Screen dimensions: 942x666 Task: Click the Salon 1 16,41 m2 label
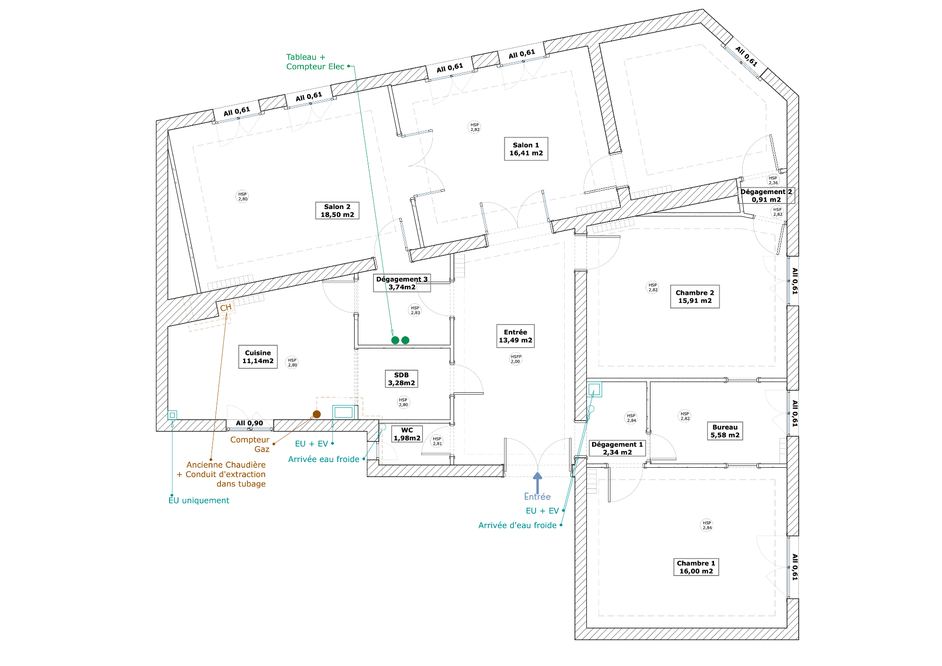pos(526,149)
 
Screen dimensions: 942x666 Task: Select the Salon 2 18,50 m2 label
pos(337,211)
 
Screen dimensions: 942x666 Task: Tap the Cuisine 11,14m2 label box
pos(258,357)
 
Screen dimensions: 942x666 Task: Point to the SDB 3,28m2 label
pos(402,379)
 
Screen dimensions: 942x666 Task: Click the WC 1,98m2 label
pos(407,434)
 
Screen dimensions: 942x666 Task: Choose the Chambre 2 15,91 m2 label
pos(695,296)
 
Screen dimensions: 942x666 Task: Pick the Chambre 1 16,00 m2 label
pos(696,567)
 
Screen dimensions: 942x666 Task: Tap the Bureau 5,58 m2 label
pos(725,431)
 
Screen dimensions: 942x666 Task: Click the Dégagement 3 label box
pos(402,283)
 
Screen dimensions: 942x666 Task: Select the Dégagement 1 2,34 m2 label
pos(617,448)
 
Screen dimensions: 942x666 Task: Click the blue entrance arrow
pos(537,483)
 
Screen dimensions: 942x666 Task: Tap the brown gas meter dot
pos(317,414)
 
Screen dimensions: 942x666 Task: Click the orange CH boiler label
pos(226,308)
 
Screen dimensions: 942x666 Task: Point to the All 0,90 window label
pos(250,423)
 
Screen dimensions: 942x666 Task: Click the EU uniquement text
pos(199,500)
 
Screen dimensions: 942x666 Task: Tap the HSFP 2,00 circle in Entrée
pos(516,359)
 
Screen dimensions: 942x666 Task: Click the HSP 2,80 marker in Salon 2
pos(243,196)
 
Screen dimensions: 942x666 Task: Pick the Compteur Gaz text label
pos(250,444)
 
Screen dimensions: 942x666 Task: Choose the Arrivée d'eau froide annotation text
pos(518,525)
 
